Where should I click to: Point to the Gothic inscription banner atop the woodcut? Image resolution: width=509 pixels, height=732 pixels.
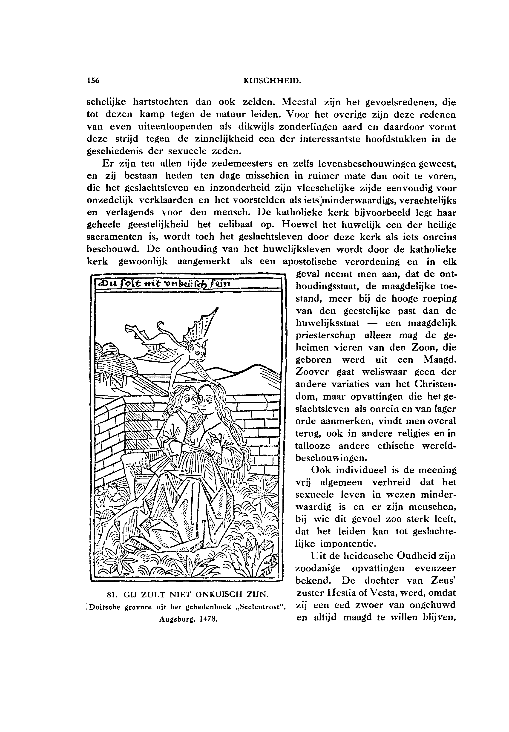coord(187,283)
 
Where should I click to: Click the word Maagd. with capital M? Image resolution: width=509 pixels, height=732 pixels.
coord(440,360)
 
